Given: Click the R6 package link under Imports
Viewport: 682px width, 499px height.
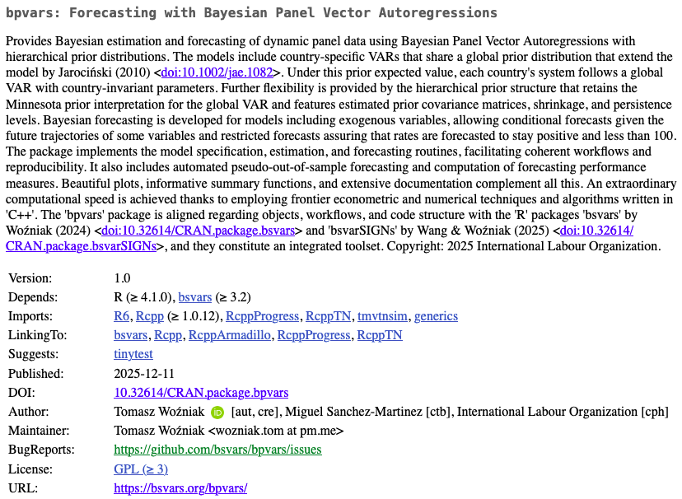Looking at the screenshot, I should [x=121, y=316].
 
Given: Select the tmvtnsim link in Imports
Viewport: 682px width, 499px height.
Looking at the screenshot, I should [x=382, y=316].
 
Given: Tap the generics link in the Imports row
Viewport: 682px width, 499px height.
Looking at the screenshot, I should [x=436, y=316].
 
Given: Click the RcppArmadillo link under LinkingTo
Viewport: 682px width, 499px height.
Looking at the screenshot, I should [x=230, y=335].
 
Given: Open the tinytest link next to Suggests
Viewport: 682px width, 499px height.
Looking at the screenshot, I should [x=133, y=354].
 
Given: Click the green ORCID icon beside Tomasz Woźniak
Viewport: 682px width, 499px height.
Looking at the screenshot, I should [x=217, y=412].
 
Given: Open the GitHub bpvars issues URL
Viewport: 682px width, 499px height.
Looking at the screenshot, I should [x=217, y=450].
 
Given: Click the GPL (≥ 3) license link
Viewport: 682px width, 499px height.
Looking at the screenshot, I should [x=141, y=469].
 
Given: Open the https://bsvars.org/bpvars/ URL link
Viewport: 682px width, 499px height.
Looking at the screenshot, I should [x=180, y=488].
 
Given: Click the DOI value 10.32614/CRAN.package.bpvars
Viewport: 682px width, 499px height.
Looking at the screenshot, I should [x=201, y=393].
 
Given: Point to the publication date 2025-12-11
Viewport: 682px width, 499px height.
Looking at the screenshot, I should [x=144, y=373].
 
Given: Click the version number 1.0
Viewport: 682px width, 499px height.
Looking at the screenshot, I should [x=122, y=278].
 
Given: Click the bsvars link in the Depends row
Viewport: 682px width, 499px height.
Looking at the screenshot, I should [x=195, y=297].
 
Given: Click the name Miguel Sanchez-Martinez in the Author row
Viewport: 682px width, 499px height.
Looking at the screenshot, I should [x=351, y=412].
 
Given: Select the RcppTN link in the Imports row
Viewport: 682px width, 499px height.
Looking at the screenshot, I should [x=328, y=316].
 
